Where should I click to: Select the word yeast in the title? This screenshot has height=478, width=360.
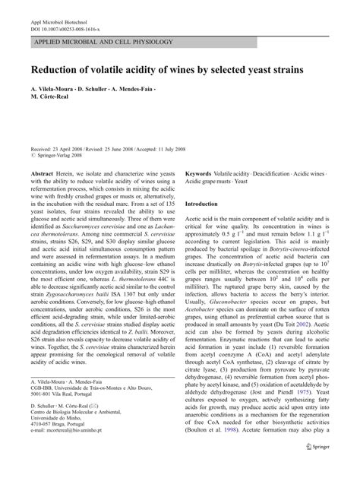pos(266,68)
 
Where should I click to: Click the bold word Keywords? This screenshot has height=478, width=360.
pos(198,174)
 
